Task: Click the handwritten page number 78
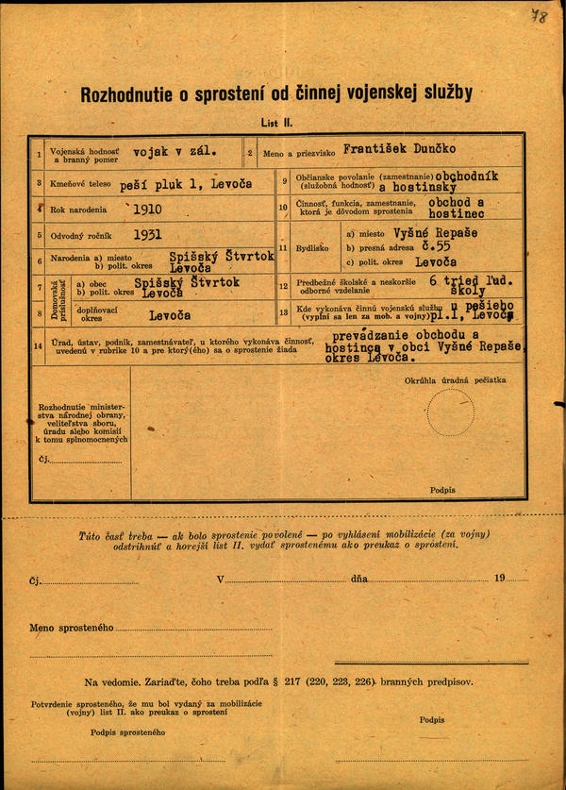pos(539,17)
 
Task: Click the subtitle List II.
pos(276,123)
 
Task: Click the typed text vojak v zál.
pos(175,150)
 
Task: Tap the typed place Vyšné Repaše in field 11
pos(437,233)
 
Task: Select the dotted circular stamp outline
pos(450,412)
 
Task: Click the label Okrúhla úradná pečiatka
pos(455,380)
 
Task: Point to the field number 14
pos(39,346)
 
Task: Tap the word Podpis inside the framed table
pos(441,490)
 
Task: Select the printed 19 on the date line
pos(499,578)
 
